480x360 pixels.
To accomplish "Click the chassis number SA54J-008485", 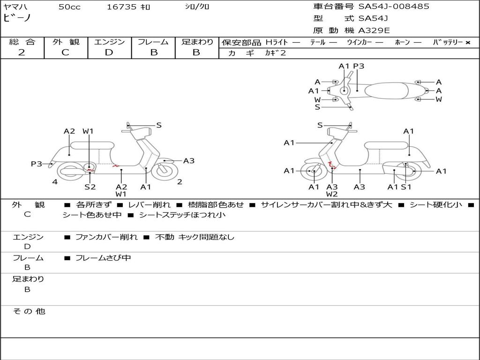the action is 394,7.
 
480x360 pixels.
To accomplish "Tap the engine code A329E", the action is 374,31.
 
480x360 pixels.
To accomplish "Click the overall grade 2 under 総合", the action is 22,52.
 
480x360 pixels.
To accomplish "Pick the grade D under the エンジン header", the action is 109,52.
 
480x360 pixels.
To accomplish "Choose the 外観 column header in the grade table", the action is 66,42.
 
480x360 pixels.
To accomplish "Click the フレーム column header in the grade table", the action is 153,42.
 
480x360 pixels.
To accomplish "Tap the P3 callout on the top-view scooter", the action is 359,66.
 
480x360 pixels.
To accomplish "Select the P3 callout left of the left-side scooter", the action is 37,164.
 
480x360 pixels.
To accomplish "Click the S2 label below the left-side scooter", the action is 90,187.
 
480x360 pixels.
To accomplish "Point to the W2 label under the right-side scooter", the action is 332,194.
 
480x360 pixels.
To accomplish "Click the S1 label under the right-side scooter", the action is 406,187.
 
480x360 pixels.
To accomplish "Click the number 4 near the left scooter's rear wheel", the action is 55,182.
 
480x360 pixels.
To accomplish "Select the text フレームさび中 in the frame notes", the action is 103,258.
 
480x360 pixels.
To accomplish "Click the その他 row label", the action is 29,311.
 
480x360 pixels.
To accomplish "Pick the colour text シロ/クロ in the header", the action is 197,7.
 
